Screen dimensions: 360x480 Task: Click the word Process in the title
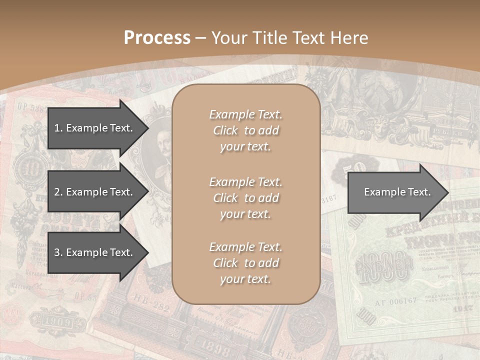click(157, 38)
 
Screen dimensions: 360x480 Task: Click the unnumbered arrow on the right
click(397, 192)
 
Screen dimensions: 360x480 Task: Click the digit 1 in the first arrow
click(57, 128)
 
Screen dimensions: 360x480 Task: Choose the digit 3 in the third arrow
click(57, 252)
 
